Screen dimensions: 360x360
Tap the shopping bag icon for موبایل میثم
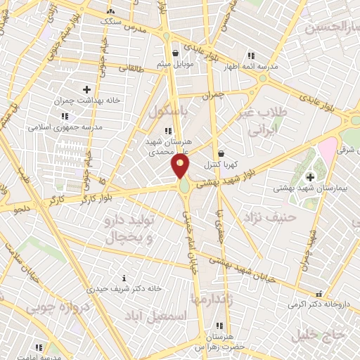[x=175, y=53]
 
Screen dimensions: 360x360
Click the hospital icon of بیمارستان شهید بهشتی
[x=310, y=176]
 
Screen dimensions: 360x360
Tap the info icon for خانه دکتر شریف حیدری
[x=124, y=278]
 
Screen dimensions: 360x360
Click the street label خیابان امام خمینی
[x=189, y=232]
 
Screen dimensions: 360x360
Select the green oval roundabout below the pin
[x=184, y=188]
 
